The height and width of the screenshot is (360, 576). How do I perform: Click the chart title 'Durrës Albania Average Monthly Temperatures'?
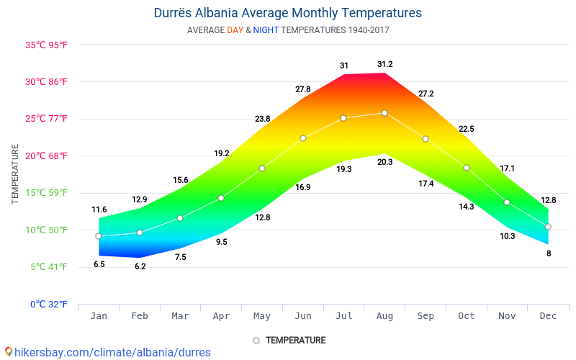288,13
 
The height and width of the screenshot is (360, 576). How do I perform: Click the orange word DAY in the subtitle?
235,30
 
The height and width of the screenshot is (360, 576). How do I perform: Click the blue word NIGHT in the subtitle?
266,30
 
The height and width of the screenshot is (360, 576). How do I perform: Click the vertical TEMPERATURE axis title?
15,174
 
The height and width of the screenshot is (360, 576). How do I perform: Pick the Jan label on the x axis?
99,316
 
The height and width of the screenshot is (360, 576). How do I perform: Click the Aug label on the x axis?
384,316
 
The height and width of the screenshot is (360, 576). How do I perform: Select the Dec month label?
548,316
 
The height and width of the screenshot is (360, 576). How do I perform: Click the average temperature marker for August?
384,113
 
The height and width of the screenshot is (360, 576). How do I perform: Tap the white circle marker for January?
99,236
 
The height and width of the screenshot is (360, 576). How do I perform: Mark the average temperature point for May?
262,168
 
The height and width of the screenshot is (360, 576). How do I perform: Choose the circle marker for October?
467,168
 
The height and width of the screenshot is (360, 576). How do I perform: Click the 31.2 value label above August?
385,64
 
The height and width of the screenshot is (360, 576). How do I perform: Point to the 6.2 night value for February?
140,266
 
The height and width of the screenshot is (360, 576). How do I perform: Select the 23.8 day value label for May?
262,119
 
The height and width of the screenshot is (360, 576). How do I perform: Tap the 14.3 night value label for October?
467,207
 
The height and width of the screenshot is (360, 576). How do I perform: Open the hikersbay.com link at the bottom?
108,352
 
